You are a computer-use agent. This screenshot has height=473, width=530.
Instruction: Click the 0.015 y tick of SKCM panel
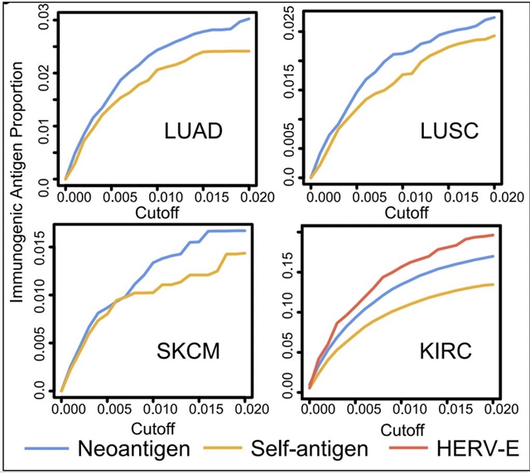click(41, 248)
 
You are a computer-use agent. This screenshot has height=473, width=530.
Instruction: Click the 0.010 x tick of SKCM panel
click(154, 408)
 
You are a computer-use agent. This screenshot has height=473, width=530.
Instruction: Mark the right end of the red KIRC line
click(494, 234)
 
